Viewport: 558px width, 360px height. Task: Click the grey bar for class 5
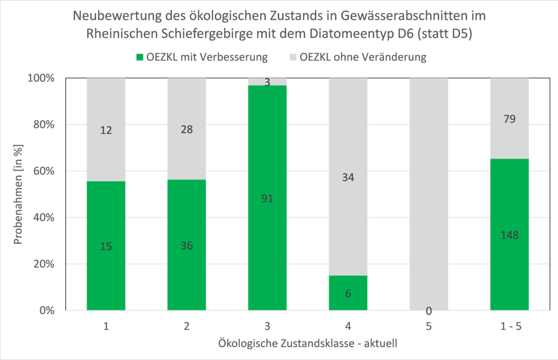pyautogui.click(x=429, y=190)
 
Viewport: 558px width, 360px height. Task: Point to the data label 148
pyautogui.click(x=509, y=236)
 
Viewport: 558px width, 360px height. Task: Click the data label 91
pyautogui.click(x=267, y=198)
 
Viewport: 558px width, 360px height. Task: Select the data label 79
pyautogui.click(x=509, y=119)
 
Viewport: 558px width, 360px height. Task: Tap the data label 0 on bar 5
pyautogui.click(x=429, y=311)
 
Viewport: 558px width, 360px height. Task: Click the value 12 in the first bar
pyautogui.click(x=106, y=129)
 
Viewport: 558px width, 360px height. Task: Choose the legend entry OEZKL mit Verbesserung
pyautogui.click(x=201, y=57)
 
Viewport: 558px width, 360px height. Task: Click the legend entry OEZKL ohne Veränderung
pyautogui.click(x=357, y=57)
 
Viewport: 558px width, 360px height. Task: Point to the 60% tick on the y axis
pyautogui.click(x=44, y=171)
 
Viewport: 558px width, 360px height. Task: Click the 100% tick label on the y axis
pyautogui.click(x=42, y=78)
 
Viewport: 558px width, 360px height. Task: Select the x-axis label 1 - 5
pyautogui.click(x=509, y=325)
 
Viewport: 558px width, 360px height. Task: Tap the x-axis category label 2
pyautogui.click(x=186, y=325)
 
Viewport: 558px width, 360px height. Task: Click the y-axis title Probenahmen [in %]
pyautogui.click(x=18, y=194)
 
